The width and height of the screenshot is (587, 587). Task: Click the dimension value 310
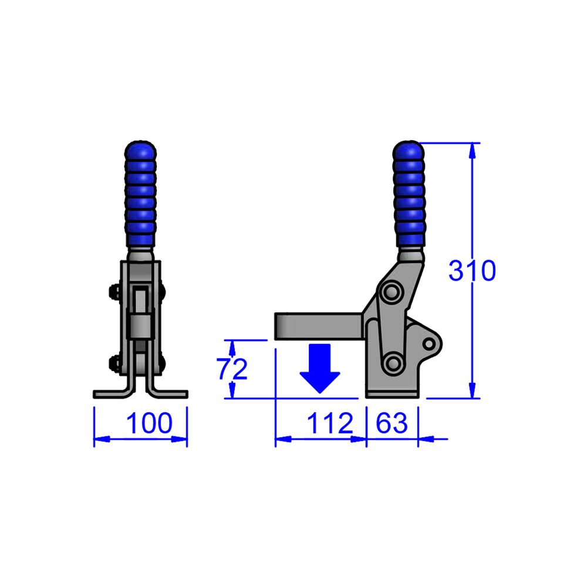coord(472,271)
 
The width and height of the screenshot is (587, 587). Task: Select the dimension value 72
coord(232,369)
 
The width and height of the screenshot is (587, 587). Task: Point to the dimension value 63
coord(392,423)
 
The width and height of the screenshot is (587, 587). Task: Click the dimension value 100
coord(149,423)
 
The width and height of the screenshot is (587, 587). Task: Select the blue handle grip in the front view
coord(141,194)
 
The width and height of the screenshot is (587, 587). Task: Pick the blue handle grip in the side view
coord(409,194)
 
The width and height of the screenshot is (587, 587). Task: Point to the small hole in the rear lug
coord(430,342)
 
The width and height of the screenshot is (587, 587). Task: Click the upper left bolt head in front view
coord(113,292)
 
